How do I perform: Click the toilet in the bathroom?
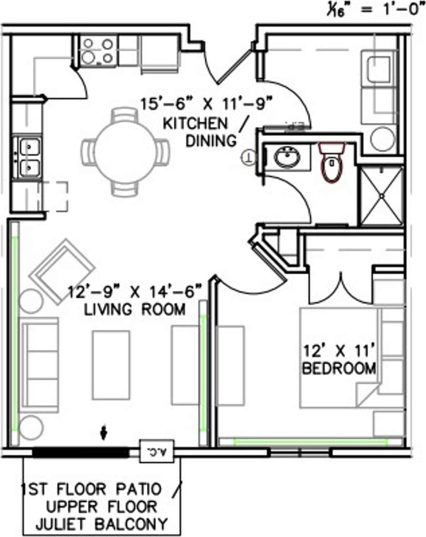pyautogui.click(x=331, y=163)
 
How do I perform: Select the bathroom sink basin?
pyautogui.click(x=287, y=158)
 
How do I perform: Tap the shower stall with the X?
pyautogui.click(x=381, y=196)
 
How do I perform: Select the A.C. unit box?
pyautogui.click(x=157, y=452)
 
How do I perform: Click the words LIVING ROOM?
pyautogui.click(x=135, y=310)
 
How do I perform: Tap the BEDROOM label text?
pyautogui.click(x=339, y=368)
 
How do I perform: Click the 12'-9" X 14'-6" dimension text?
pyautogui.click(x=135, y=292)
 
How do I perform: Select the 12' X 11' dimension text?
pyautogui.click(x=340, y=351)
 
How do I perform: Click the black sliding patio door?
pyautogui.click(x=81, y=453)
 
